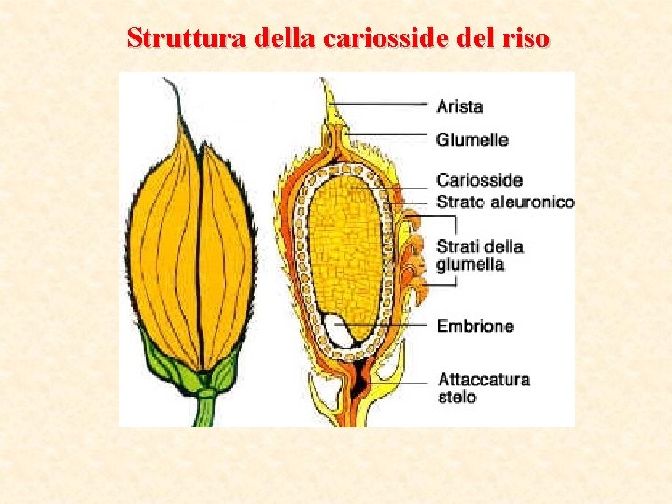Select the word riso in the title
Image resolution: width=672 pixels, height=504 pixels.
[x=525, y=38]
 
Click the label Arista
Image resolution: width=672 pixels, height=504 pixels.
[x=459, y=106]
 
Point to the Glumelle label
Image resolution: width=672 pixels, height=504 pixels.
[x=472, y=140]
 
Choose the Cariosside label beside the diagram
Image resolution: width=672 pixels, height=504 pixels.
[x=479, y=180]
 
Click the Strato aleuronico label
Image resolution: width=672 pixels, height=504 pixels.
[x=505, y=202]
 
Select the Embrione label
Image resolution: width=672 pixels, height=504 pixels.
[x=475, y=327]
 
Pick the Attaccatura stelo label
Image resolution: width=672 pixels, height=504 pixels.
[x=483, y=388]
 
